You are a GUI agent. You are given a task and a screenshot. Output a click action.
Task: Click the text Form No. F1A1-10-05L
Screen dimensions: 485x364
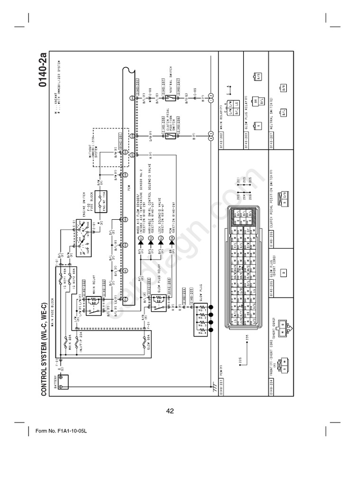[62, 431]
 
